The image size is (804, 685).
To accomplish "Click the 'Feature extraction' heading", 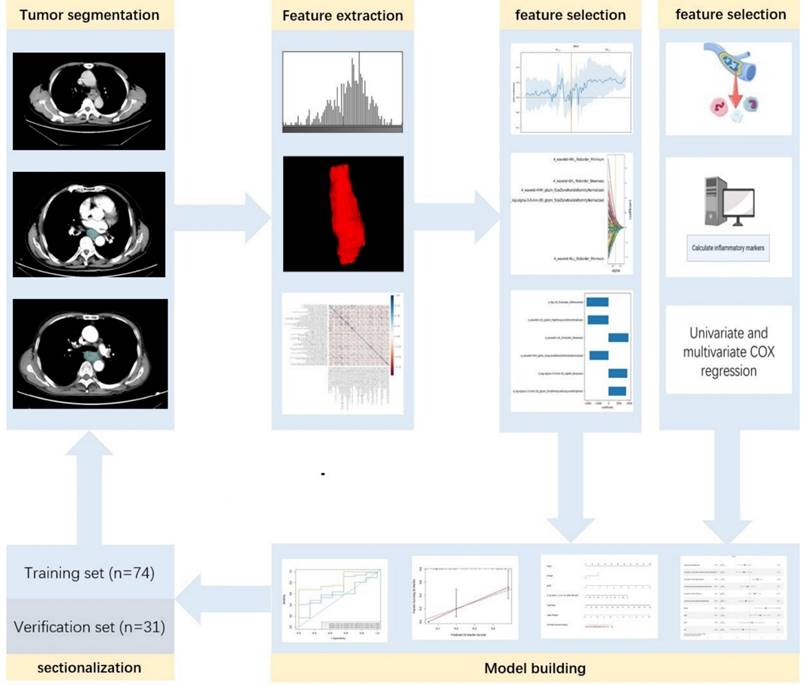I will point(342,16).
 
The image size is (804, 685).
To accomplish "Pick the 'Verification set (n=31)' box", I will point(89,627).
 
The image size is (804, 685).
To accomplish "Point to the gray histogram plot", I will point(342,91).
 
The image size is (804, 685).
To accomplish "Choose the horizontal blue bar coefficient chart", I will point(569,349).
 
